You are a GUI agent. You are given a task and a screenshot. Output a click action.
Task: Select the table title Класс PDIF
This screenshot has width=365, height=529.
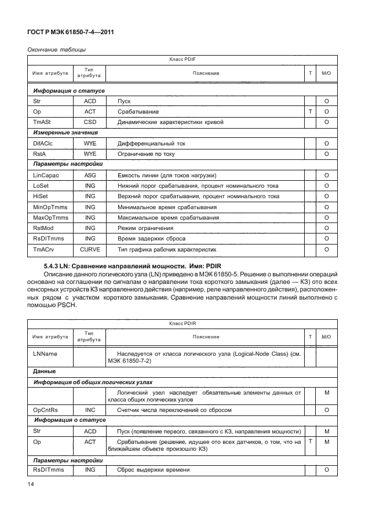coord(182,60)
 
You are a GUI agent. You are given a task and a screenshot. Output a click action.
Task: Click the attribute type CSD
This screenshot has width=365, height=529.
coord(90,122)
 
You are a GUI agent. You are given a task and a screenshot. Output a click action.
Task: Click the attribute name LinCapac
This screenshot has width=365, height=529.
coord(47,175)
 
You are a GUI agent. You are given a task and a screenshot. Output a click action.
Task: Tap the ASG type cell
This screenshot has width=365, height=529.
coord(90,175)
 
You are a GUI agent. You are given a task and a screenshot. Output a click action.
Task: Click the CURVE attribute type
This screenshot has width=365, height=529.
coord(90,249)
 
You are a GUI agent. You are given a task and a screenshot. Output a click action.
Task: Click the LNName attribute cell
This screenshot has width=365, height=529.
coord(45,352)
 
